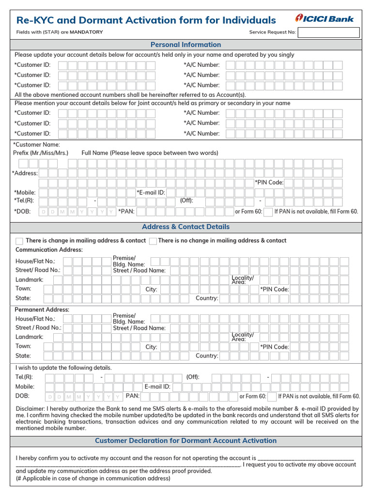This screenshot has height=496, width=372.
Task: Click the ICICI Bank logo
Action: pyautogui.click(x=325, y=19)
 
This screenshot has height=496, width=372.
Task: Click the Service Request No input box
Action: pyautogui.click(x=328, y=32)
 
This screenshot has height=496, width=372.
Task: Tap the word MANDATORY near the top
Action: pyautogui.click(x=86, y=32)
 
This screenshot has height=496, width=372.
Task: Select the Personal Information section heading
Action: pyautogui.click(x=186, y=45)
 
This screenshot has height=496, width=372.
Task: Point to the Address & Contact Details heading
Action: pyautogui.click(x=186, y=227)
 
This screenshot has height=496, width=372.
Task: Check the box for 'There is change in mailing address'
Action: pyautogui.click(x=19, y=241)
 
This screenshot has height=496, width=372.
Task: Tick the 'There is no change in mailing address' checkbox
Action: pyautogui.click(x=153, y=241)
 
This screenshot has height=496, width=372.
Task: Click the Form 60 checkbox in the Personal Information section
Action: pyautogui.click(x=268, y=212)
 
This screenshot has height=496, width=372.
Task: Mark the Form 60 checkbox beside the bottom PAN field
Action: pyautogui.click(x=272, y=396)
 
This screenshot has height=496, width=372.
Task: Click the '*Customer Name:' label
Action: pyautogui.click(x=37, y=144)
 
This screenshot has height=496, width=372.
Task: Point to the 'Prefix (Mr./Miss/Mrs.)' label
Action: pyautogui.click(x=41, y=153)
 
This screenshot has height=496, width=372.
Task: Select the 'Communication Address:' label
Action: pyautogui.click(x=49, y=250)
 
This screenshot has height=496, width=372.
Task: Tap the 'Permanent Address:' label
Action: pyautogui.click(x=42, y=310)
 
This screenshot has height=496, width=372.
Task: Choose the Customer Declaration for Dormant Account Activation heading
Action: pyautogui.click(x=186, y=441)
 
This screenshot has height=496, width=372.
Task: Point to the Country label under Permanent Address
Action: pyautogui.click(x=207, y=356)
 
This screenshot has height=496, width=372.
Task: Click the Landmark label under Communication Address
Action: pyautogui.click(x=30, y=280)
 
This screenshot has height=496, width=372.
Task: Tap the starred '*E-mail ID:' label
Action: pyautogui.click(x=151, y=193)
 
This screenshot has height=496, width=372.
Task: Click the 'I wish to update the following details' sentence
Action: pyautogui.click(x=63, y=368)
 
